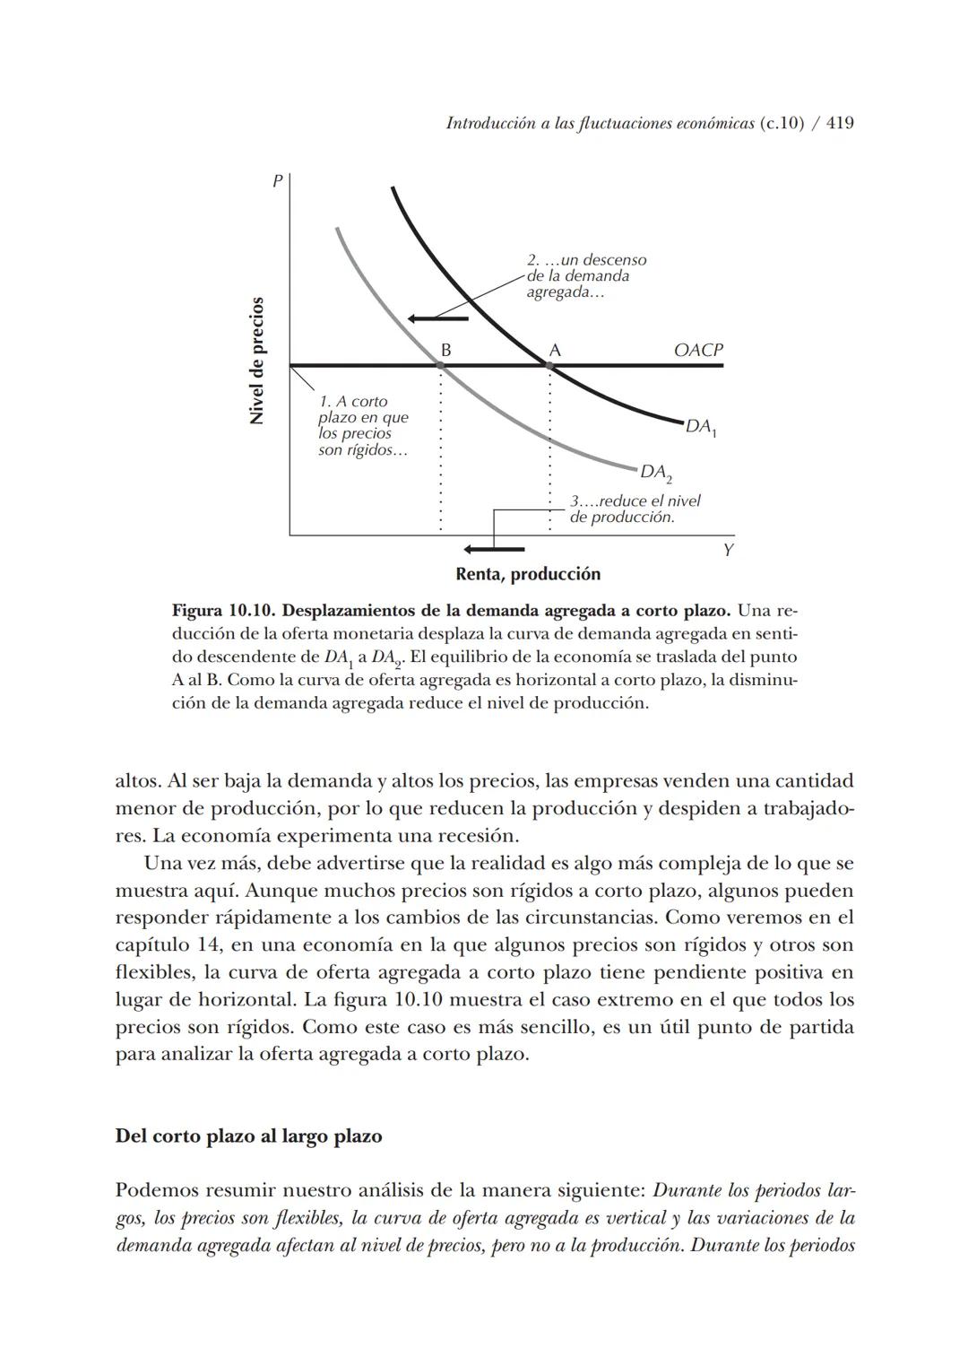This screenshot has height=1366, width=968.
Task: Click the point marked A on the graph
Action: coord(549,365)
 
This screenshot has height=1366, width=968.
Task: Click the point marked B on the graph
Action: coord(440,365)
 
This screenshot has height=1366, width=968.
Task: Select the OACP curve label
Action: coord(697,350)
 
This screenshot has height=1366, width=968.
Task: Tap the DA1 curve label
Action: coord(700,428)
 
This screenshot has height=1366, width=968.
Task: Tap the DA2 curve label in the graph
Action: coord(655,473)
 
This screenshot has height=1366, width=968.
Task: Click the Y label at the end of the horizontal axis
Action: coord(728,550)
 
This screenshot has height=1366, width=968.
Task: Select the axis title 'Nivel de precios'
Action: coord(257,361)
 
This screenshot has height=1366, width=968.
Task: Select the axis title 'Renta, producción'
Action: coord(527,574)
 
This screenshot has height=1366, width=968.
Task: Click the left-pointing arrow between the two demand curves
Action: coord(437,318)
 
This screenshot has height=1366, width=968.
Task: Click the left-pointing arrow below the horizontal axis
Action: coord(493,548)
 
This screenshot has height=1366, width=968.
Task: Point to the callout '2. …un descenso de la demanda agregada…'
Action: coord(585,276)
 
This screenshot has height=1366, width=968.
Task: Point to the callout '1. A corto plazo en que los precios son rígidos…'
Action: coord(363,425)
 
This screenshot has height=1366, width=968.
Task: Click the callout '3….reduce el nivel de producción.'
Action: coord(635,509)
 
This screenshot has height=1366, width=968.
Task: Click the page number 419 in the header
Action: coord(839,124)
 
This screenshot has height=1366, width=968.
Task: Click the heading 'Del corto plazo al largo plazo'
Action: coord(248,1135)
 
